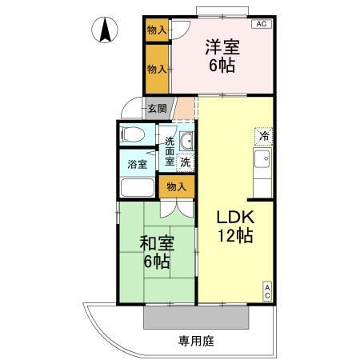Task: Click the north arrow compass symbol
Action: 105,30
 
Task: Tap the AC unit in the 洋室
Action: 262,24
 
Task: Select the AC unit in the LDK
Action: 267,291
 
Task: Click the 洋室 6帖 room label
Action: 222,56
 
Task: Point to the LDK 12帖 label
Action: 235,226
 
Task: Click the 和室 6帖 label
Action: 157,252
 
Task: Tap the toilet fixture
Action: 133,134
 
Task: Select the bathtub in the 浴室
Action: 138,187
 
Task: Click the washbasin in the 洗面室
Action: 186,141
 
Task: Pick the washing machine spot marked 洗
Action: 186,162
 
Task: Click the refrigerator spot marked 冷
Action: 264,137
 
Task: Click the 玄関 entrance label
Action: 158,109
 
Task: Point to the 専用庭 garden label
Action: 197,341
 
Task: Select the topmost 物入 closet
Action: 157,30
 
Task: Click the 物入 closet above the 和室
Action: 177,187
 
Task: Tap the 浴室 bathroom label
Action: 138,164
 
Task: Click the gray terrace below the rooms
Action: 196,318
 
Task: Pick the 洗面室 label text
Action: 170,151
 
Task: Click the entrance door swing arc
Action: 127,104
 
